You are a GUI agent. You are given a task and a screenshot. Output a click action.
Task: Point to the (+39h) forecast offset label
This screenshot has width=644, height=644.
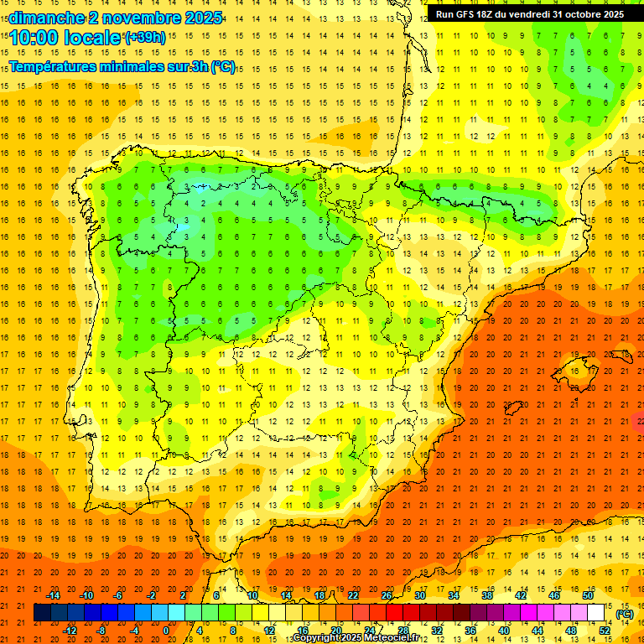[145, 37]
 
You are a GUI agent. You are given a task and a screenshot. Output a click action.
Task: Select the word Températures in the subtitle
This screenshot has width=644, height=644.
[52, 67]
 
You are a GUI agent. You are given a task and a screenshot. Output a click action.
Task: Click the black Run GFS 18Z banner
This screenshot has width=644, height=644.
[529, 14]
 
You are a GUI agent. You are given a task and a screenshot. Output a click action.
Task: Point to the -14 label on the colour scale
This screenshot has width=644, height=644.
[53, 595]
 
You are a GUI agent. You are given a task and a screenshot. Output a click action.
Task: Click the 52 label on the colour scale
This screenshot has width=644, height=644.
[605, 631]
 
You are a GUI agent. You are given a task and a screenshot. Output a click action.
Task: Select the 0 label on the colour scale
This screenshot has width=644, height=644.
[166, 631]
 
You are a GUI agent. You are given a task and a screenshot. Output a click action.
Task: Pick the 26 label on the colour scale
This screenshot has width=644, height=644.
[387, 595]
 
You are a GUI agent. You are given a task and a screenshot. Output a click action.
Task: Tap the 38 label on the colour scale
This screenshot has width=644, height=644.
[487, 595]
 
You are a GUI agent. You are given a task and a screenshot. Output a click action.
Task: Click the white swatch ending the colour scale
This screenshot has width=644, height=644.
[596, 613]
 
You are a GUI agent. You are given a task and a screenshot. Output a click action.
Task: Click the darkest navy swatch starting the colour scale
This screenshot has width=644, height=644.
[42, 613]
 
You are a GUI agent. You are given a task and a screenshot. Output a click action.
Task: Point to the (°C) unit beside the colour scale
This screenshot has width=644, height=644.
[624, 614]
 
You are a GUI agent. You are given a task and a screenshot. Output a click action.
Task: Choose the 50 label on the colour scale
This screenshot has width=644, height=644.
[588, 595]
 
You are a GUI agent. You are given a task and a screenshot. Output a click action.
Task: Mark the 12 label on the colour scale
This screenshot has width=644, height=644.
[269, 631]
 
